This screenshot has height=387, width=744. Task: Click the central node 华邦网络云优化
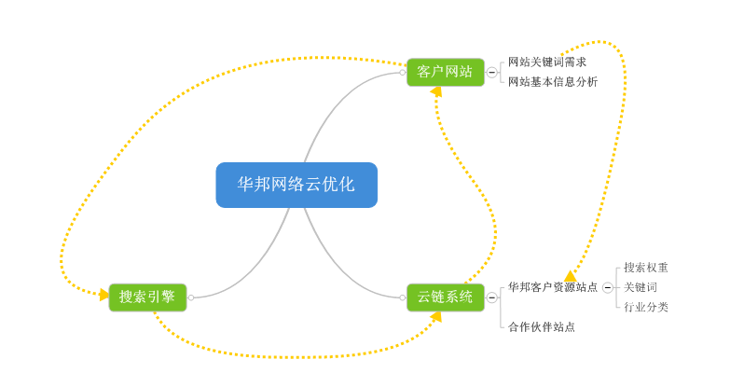(x=296, y=185)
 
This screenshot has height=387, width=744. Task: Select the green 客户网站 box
(x=445, y=72)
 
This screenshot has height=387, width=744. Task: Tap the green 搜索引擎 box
(x=147, y=297)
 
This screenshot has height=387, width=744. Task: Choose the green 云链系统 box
(x=445, y=297)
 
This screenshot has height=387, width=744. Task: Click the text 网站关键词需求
(x=547, y=62)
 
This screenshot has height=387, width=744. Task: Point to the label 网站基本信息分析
(x=553, y=82)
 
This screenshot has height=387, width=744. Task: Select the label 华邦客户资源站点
(x=553, y=287)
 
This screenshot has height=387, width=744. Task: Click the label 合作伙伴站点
(x=542, y=327)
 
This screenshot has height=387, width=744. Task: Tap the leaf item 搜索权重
(x=646, y=268)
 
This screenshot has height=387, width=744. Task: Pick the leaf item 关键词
(x=641, y=287)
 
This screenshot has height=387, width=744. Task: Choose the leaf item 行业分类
(x=646, y=307)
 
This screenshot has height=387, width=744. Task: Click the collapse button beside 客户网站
(x=491, y=72)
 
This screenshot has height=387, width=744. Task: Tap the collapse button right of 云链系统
(x=491, y=297)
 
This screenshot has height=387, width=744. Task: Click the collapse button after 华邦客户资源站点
(x=608, y=288)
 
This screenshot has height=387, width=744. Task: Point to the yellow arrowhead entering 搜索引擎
(x=103, y=294)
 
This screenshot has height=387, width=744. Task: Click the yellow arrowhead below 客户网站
(x=435, y=91)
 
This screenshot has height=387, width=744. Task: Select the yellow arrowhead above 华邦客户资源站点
(x=570, y=275)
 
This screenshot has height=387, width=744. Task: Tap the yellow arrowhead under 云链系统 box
(x=435, y=317)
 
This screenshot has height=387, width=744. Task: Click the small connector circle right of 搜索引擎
(x=191, y=297)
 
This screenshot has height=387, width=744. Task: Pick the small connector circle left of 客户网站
(x=403, y=72)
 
